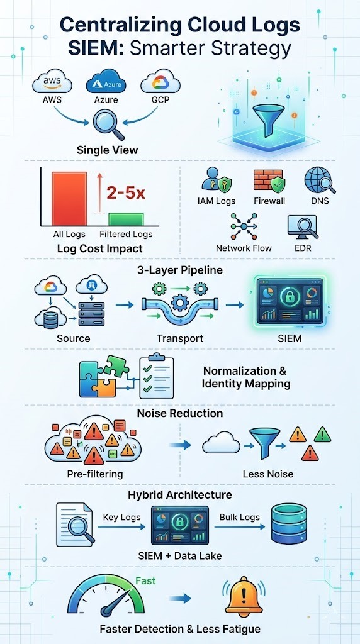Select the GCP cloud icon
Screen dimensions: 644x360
tap(156, 84)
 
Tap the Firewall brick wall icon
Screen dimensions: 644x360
tap(269, 181)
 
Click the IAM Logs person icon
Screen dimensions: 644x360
tap(216, 181)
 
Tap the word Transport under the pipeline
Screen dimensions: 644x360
tap(180, 338)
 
